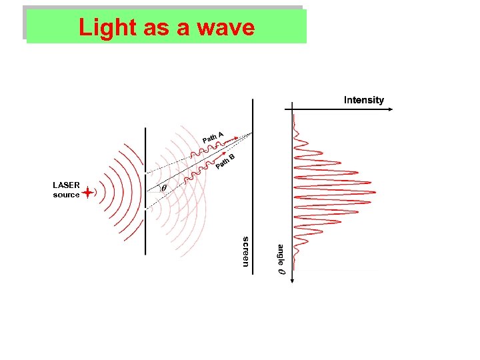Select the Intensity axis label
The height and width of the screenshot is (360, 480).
click(363, 100)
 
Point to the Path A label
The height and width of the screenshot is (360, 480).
click(212, 137)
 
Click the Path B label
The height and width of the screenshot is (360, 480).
click(226, 161)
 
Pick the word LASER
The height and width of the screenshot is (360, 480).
click(66, 185)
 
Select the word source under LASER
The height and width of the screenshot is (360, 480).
click(66, 195)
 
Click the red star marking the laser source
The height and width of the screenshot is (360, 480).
click(87, 192)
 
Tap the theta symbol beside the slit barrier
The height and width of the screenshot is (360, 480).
click(164, 188)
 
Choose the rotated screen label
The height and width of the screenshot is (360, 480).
click(245, 251)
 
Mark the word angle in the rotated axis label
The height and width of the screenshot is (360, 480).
click(281, 254)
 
